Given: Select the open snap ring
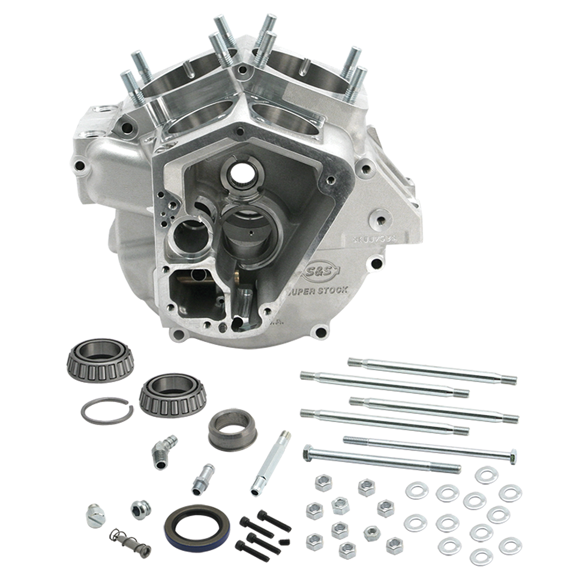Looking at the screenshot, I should click(106, 411).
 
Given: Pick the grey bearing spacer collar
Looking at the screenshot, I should click(232, 428).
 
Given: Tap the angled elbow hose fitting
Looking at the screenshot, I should click(163, 449).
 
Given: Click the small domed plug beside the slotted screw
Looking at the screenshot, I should click(140, 509).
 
